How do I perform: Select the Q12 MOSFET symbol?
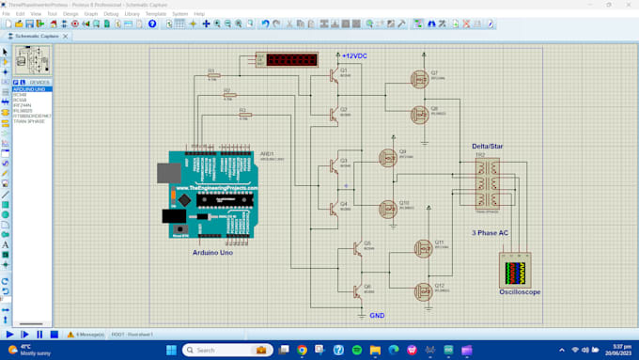[x=423, y=291]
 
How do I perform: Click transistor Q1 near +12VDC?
[x=333, y=76]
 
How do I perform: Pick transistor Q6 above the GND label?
[x=356, y=291]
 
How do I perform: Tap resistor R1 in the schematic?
[x=212, y=76]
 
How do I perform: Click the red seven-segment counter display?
[x=288, y=60]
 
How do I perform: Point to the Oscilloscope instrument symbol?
[x=514, y=273]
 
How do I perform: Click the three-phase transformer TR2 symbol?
[x=486, y=181]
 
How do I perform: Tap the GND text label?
[x=377, y=316]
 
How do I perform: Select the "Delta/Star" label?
[x=487, y=147]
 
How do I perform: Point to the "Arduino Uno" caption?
[x=213, y=253]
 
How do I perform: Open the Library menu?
[x=132, y=14]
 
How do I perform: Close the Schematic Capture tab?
[x=61, y=36]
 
